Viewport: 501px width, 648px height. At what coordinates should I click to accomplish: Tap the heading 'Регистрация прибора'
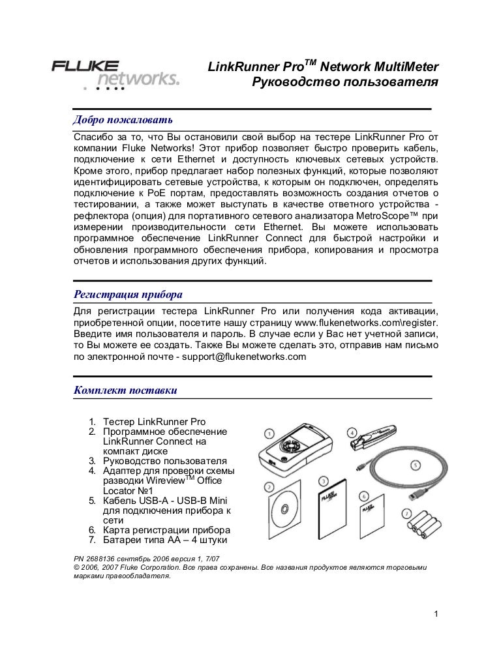point(128,293)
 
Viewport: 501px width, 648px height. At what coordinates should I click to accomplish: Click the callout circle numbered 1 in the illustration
point(269,433)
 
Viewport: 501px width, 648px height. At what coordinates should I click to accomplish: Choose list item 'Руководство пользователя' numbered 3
point(164,460)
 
